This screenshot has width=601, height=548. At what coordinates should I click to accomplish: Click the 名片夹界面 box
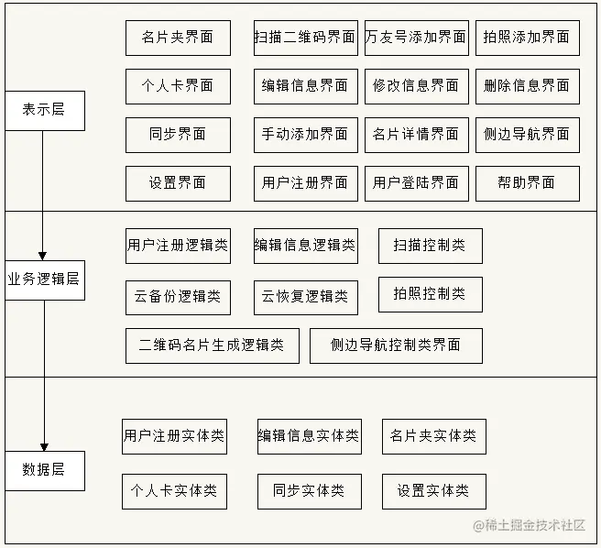pyautogui.click(x=178, y=38)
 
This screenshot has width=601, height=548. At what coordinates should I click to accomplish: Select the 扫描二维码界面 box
pyautogui.click(x=305, y=38)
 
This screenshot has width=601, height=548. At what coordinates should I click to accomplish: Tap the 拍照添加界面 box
pyautogui.click(x=527, y=38)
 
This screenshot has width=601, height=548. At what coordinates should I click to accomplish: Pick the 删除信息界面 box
pyautogui.click(x=527, y=85)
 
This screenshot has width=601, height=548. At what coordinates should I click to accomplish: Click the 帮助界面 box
pyautogui.click(x=527, y=182)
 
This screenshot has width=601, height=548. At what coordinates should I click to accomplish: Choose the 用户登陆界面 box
pyautogui.click(x=416, y=182)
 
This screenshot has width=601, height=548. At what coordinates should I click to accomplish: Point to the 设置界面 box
pyautogui.click(x=178, y=182)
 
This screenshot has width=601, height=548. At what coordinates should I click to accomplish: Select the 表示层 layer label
pyautogui.click(x=44, y=110)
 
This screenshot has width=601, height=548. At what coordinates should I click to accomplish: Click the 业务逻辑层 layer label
pyautogui.click(x=44, y=279)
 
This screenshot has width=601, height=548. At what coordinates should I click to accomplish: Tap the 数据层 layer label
pyautogui.click(x=44, y=470)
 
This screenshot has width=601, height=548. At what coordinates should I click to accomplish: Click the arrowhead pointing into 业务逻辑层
pyautogui.click(x=43, y=254)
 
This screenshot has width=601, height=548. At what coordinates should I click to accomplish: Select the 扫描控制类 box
pyautogui.click(x=430, y=246)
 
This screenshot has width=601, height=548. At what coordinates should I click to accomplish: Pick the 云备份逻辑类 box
pyautogui.click(x=178, y=297)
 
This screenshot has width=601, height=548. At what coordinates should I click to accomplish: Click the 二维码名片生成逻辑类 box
pyautogui.click(x=212, y=345)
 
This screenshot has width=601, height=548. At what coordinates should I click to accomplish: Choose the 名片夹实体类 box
pyautogui.click(x=433, y=436)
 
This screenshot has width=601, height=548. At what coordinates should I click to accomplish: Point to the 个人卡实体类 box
pyautogui.click(x=174, y=491)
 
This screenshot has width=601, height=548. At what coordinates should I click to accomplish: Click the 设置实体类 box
pyautogui.click(x=433, y=491)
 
